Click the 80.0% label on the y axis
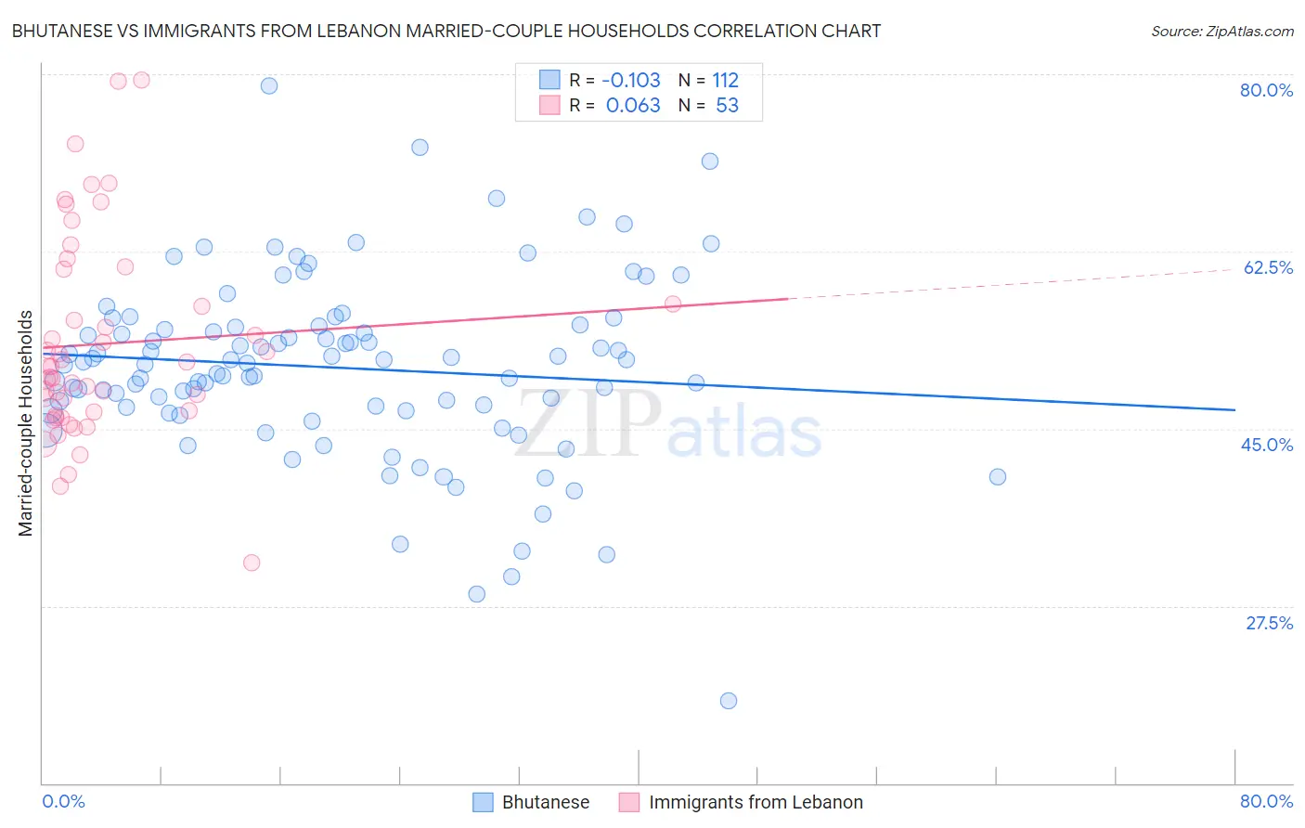coord(1266,90)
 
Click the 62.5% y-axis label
coord(1268,267)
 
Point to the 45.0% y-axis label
coord(1267,445)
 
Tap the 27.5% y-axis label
coord(1269,623)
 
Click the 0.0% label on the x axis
coord(63,801)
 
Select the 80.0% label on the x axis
coord(1266,801)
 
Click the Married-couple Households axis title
coord(26,423)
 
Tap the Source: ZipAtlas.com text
coord(1221,31)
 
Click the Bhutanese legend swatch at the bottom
coord(483,802)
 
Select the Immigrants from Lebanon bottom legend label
coord(756,802)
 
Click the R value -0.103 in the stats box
coord(631,80)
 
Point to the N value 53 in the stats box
coord(727,106)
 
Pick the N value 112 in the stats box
coord(725,80)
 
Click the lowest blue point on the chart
coord(729,701)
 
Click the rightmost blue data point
coord(998,477)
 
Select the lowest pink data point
coord(252,563)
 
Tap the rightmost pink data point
coord(673,304)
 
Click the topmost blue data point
coord(269,85)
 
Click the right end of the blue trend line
coord(1234,409)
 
